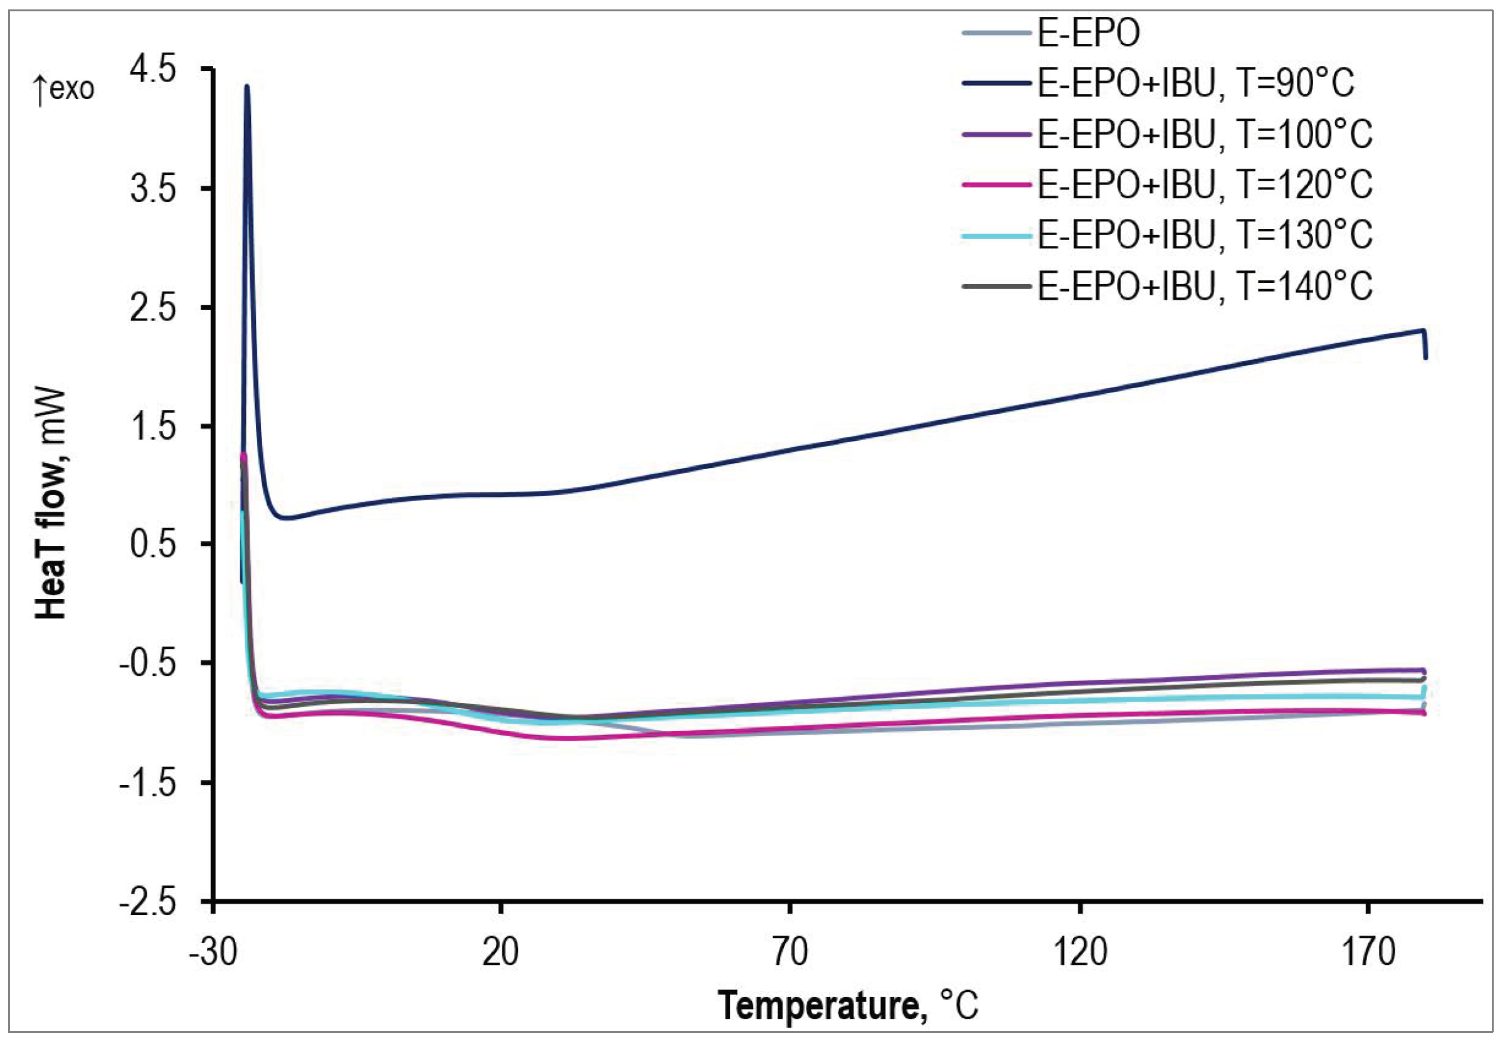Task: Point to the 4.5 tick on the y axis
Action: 155,69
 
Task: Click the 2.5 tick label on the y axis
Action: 155,307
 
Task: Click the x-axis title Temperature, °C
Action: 848,1005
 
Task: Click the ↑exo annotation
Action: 64,88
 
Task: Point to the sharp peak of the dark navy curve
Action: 246,87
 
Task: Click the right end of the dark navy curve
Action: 1425,357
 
